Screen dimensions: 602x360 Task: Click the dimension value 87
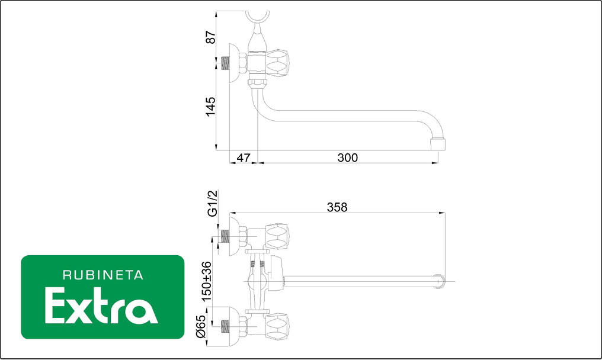coord(211,37)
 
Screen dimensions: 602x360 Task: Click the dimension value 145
coord(211,107)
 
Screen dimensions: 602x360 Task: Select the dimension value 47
coord(244,157)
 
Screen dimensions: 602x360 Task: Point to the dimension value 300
coord(347,157)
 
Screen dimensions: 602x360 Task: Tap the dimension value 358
coord(337,207)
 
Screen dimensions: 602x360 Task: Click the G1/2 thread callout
coord(212,203)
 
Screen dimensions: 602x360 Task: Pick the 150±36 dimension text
coord(206,281)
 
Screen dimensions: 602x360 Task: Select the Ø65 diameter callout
coord(201,326)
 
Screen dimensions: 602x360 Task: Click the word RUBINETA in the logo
coord(103,275)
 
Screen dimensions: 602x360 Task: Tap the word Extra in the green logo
coord(101,306)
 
